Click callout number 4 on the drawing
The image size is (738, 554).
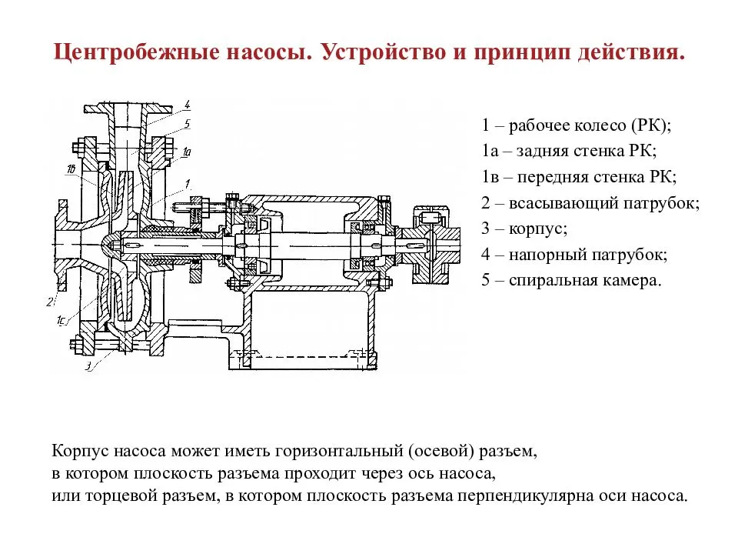click(188, 105)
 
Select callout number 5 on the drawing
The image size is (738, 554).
click(188, 122)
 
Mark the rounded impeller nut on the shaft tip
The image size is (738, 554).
click(112, 243)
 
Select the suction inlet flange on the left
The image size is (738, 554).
click(61, 243)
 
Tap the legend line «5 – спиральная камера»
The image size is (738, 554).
click(571, 279)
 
